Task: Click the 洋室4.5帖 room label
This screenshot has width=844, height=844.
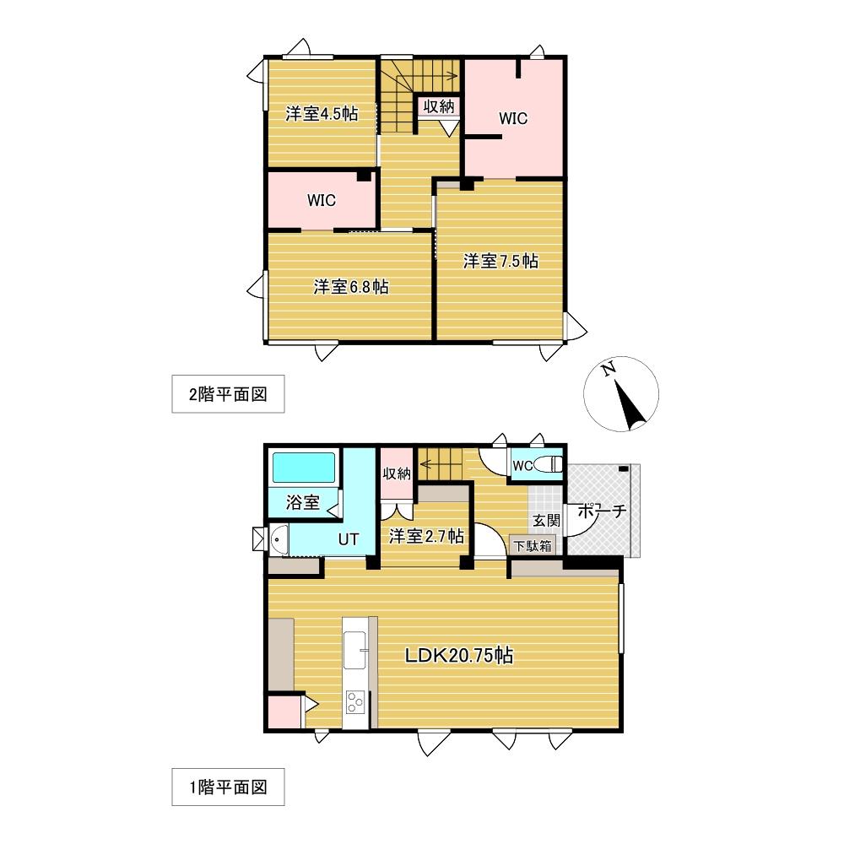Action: click(x=322, y=114)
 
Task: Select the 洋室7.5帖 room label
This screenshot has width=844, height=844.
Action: click(x=500, y=261)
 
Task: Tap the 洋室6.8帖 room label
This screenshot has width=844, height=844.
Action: click(x=351, y=286)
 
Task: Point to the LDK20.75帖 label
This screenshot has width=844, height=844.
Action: click(x=458, y=655)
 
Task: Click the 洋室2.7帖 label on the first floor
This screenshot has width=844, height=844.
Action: click(x=426, y=536)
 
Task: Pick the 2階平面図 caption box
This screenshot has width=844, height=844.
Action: click(x=228, y=394)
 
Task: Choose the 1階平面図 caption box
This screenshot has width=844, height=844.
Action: click(x=228, y=787)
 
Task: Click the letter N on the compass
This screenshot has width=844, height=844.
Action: click(x=609, y=370)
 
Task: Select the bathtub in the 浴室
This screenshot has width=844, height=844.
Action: click(x=304, y=468)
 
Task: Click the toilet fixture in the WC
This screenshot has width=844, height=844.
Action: click(x=548, y=464)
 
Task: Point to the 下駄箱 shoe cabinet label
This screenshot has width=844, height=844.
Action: click(x=533, y=546)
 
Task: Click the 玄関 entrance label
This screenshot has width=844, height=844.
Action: click(x=546, y=521)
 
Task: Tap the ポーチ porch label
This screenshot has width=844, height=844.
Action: click(x=602, y=511)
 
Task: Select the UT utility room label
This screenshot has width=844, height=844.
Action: click(x=349, y=538)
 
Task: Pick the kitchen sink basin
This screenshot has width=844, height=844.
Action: click(x=355, y=648)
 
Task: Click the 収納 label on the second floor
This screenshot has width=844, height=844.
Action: click(x=439, y=106)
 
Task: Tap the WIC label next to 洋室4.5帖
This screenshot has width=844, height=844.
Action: click(x=322, y=200)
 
